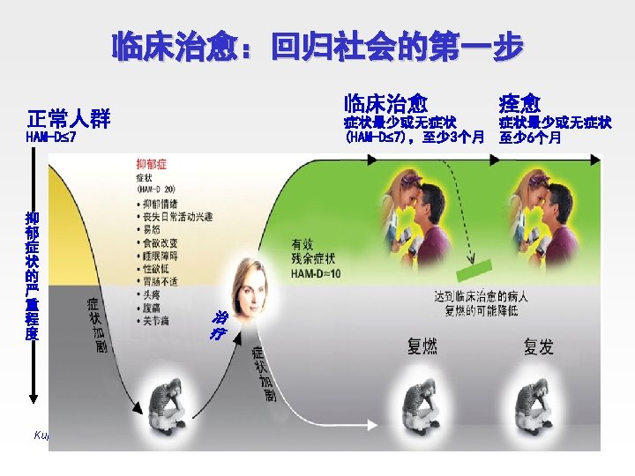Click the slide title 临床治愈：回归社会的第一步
pos(317,46)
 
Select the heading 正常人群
pos(68,119)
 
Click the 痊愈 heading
pos(519,103)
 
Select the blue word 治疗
pos(216,325)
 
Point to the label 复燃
pos(422,346)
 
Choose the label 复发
pos(539,346)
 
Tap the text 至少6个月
pos(530,138)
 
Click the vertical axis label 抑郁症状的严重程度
pos(33,276)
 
